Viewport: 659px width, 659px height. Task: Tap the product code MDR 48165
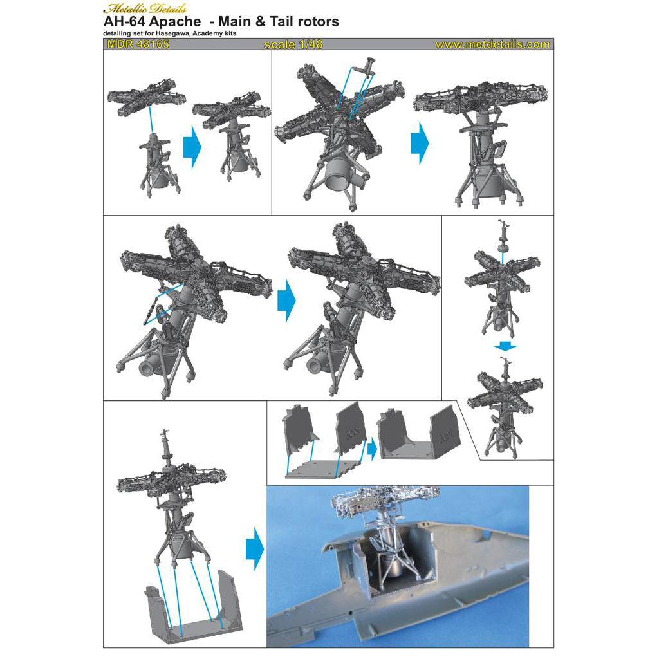click(136, 44)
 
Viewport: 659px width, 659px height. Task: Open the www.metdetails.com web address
click(492, 44)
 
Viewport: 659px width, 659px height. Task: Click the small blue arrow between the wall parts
click(371, 449)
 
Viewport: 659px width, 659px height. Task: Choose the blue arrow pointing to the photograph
click(255, 548)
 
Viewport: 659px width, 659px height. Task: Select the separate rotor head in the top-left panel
click(146, 97)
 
